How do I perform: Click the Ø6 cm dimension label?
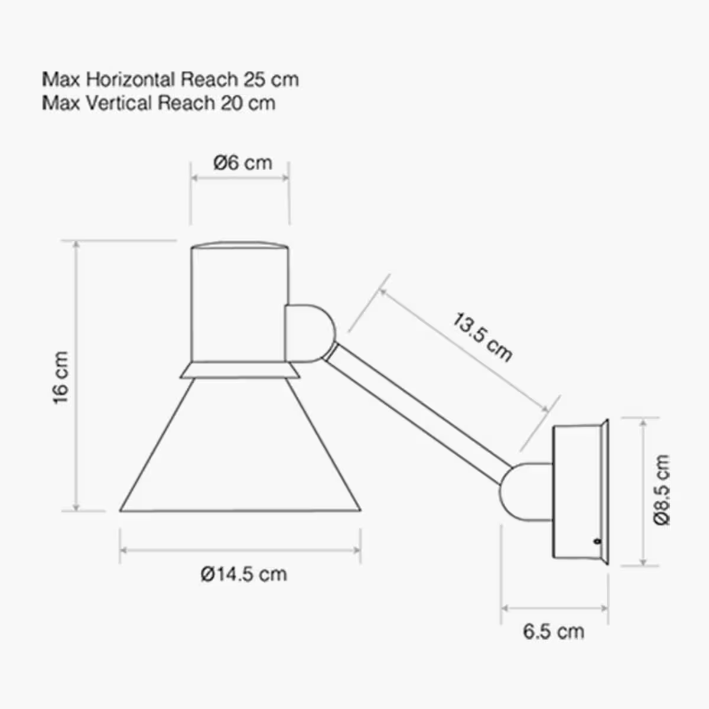pyautogui.click(x=243, y=162)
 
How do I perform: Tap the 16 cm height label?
pyautogui.click(x=61, y=378)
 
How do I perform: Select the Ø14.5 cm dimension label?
pyautogui.click(x=243, y=574)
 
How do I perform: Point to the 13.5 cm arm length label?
pyautogui.click(x=482, y=337)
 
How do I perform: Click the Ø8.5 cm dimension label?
pyautogui.click(x=662, y=490)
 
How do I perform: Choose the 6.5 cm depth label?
pyautogui.click(x=553, y=631)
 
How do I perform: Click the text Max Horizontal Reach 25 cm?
pyautogui.click(x=170, y=79)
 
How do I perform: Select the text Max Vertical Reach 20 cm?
pyautogui.click(x=158, y=103)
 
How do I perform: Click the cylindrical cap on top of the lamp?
pyautogui.click(x=239, y=301)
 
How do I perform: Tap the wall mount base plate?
pyautogui.click(x=579, y=490)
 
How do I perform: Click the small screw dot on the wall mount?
pyautogui.click(x=597, y=540)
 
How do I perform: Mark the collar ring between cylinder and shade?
pyautogui.click(x=239, y=370)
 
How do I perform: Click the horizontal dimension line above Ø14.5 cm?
pyautogui.click(x=240, y=550)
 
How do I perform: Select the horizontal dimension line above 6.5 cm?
pyautogui.click(x=554, y=607)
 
